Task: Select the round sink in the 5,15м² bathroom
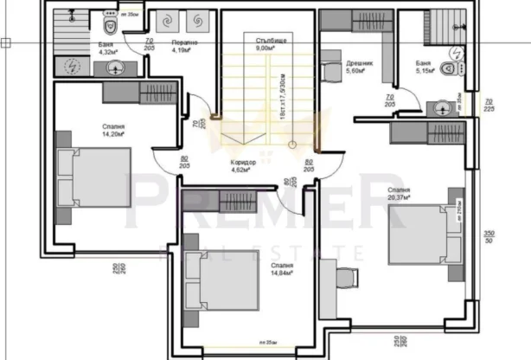(x=443, y=108)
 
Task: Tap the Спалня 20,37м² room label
(x=399, y=193)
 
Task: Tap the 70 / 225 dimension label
(x=489, y=105)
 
